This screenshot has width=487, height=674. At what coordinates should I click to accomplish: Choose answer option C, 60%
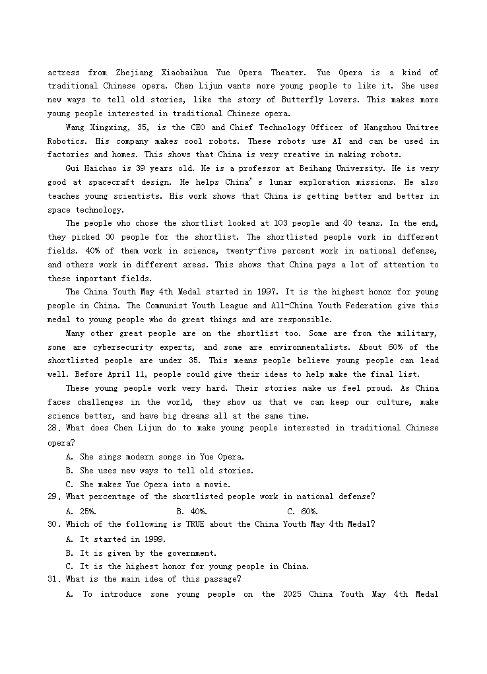point(303,512)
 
